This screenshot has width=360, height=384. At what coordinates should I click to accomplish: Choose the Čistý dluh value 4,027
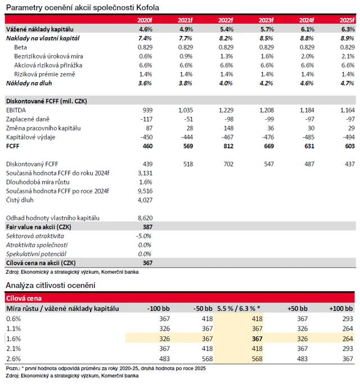point(145,200)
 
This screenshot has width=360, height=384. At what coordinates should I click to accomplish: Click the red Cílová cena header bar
point(180,299)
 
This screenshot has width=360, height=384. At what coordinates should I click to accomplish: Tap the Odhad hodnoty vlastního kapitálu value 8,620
point(145,218)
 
